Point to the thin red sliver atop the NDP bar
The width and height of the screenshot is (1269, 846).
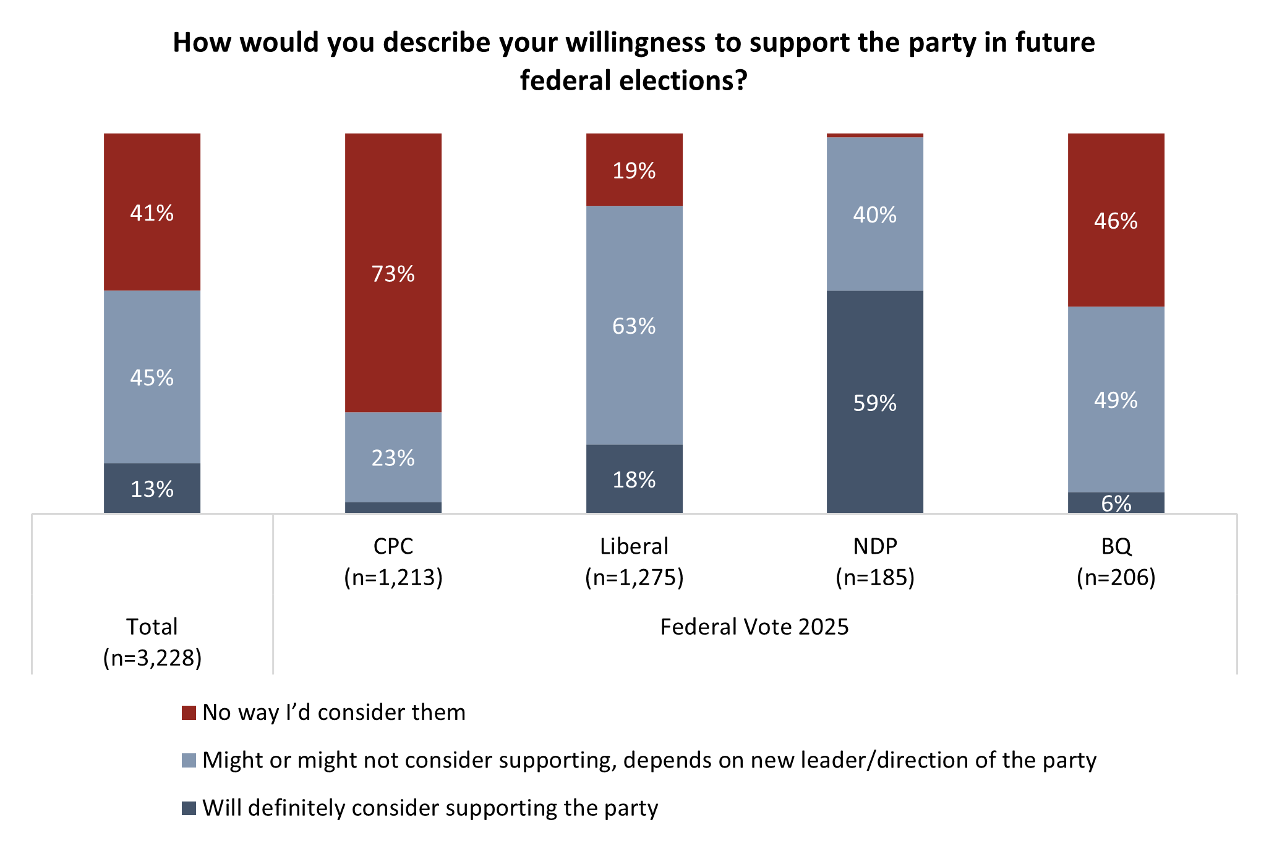click(874, 135)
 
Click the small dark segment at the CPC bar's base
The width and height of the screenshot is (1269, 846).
click(393, 507)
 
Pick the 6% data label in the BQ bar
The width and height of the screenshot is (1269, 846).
click(1116, 504)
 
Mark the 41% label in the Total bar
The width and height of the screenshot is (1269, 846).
click(152, 213)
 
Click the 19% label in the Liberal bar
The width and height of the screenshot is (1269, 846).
click(634, 171)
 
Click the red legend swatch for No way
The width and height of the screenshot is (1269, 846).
click(189, 713)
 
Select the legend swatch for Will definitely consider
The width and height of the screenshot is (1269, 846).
click(189, 808)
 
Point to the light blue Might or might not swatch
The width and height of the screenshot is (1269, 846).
click(189, 760)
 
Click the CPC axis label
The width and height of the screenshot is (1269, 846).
click(393, 546)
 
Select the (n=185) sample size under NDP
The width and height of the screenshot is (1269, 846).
click(874, 577)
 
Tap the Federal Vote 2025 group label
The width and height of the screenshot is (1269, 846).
click(754, 627)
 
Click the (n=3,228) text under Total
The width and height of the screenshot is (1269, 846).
click(152, 658)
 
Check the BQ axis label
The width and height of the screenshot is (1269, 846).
click(1116, 546)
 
